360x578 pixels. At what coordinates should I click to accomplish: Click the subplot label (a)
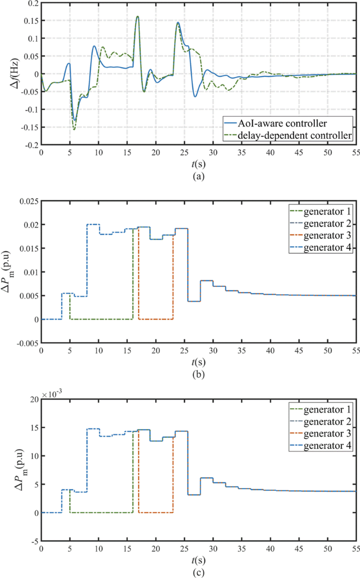tap(198, 177)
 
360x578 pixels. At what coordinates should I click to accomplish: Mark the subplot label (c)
tap(198, 572)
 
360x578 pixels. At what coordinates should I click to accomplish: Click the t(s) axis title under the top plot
tap(198, 164)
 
